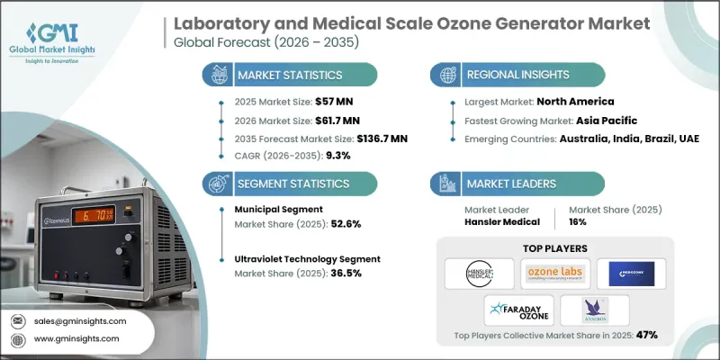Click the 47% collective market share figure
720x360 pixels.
(x=646, y=334)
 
